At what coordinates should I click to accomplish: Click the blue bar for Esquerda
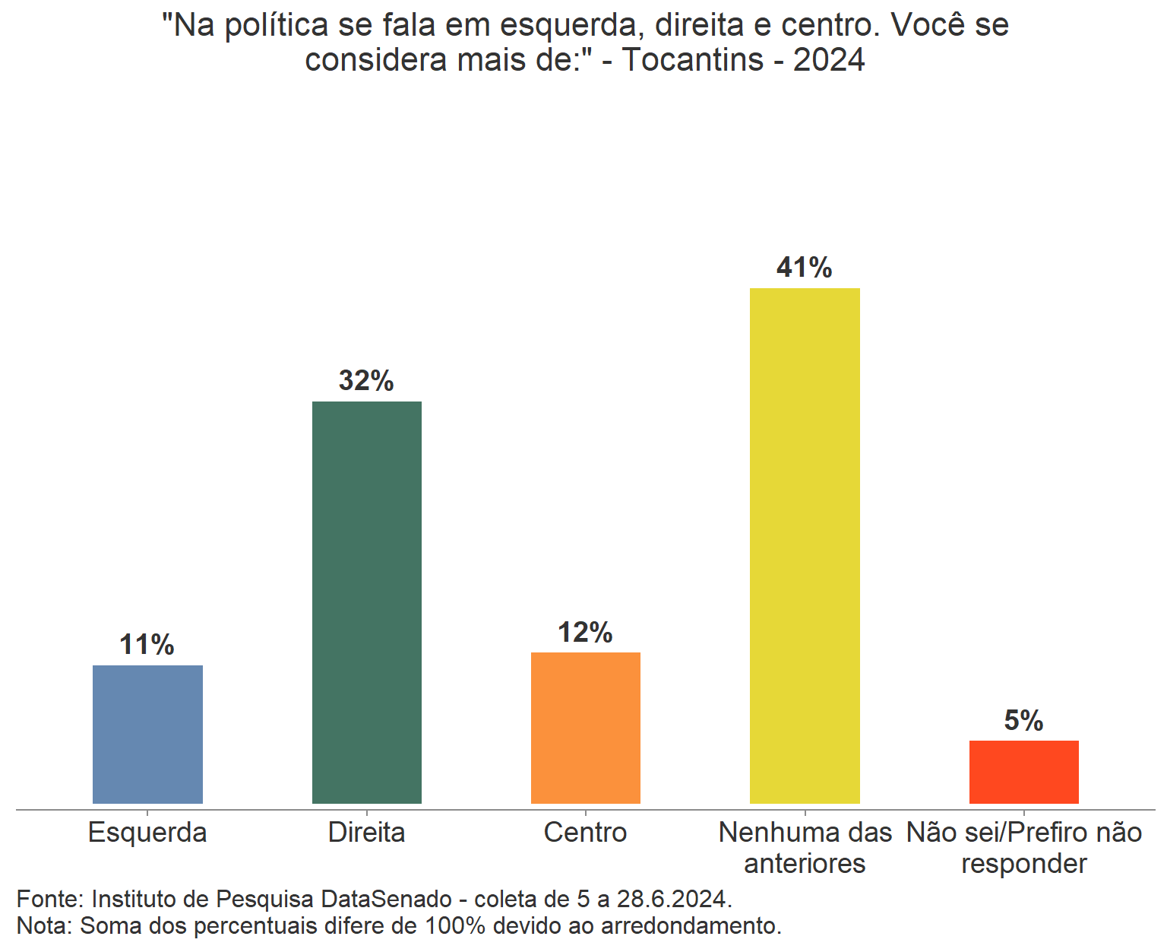147,734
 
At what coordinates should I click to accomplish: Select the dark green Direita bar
366,601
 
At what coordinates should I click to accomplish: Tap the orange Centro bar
585,728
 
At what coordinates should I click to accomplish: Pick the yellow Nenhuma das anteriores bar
805,545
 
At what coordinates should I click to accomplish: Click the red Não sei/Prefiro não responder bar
1023,772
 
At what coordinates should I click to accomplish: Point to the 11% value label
147,645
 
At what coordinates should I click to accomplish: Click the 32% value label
366,380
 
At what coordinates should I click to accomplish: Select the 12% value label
585,632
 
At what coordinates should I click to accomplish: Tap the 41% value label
805,268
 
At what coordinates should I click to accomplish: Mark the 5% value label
1023,720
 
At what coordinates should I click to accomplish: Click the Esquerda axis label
147,833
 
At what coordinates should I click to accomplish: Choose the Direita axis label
366,833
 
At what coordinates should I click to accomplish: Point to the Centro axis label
585,833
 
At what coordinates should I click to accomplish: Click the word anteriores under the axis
805,864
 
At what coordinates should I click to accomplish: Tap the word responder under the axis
1023,864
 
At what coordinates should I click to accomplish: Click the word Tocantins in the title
693,59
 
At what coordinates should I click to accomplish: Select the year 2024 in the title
829,59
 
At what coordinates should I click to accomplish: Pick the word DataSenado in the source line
387,899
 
